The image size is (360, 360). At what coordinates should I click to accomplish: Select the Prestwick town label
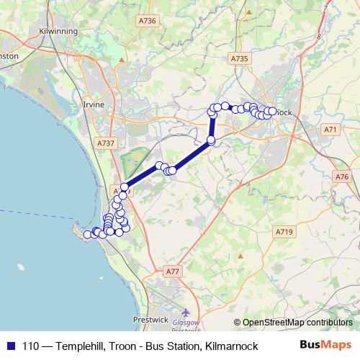(x=150, y=318)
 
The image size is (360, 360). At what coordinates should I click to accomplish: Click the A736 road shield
(x=147, y=22)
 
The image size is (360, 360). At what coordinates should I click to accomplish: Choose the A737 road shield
(x=105, y=144)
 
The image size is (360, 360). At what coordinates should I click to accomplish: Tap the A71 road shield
(x=330, y=130)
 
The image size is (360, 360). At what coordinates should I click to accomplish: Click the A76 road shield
(x=341, y=176)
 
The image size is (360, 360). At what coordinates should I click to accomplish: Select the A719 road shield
(x=284, y=232)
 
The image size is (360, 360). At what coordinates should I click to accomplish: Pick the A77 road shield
(x=171, y=271)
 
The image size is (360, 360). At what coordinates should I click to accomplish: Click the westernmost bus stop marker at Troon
(x=87, y=234)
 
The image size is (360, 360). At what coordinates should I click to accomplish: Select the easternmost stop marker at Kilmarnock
(x=272, y=111)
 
